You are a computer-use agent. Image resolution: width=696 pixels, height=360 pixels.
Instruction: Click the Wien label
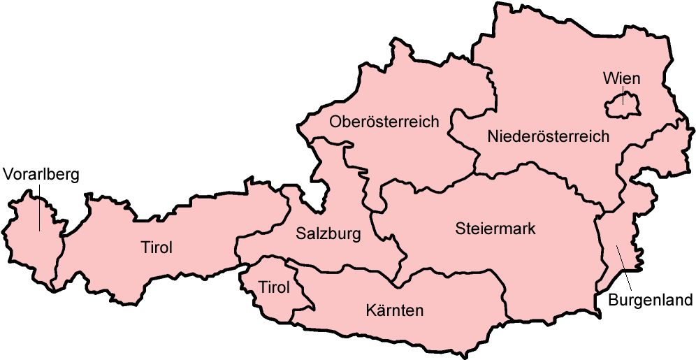coord(621,78)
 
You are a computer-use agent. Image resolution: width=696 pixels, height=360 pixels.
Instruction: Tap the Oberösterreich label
coord(384,122)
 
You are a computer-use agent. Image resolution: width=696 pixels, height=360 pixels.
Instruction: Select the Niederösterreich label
coord(549,136)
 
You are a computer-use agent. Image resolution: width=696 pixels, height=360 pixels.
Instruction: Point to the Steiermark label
coord(495,229)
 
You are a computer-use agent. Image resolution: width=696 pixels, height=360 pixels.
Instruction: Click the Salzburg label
coord(328,233)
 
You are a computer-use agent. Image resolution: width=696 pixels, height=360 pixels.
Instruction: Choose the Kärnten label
coord(394,310)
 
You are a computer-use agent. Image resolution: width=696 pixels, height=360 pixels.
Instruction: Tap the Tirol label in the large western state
coord(157,247)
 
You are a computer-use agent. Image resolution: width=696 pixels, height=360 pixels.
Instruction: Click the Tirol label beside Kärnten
coord(274,288)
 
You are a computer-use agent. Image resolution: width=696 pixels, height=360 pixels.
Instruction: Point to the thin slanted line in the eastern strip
coord(619,257)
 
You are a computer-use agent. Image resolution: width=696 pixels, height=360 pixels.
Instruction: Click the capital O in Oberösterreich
coord(335,122)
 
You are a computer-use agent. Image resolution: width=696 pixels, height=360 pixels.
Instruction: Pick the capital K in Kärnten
coord(370,310)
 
